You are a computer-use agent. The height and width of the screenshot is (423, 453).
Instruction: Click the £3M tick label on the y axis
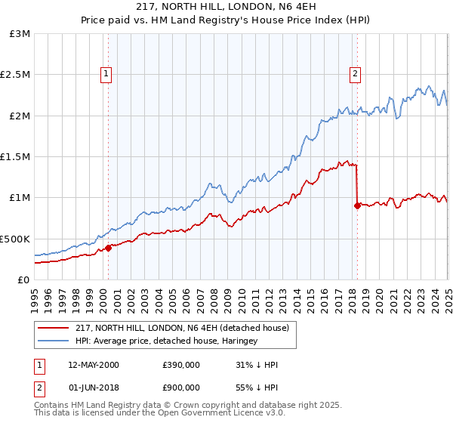(x=20, y=34)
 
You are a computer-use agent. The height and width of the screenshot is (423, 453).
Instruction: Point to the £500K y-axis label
(x=16, y=239)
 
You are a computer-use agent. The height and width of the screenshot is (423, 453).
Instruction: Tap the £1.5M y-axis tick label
(x=16, y=157)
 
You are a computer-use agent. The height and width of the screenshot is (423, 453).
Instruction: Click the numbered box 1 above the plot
(x=106, y=74)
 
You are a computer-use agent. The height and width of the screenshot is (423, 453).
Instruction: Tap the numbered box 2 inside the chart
(x=355, y=74)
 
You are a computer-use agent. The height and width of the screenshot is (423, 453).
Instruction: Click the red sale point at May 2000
(x=108, y=247)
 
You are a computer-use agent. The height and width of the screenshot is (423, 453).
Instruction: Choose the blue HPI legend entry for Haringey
(x=166, y=341)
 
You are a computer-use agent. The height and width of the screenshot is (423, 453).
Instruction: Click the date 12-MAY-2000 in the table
(x=93, y=365)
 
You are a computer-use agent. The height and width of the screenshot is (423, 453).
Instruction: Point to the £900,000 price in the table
(x=180, y=389)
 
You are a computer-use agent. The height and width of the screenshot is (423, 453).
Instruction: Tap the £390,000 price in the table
(x=180, y=365)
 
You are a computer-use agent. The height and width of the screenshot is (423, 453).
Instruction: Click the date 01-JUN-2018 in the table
(x=93, y=389)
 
